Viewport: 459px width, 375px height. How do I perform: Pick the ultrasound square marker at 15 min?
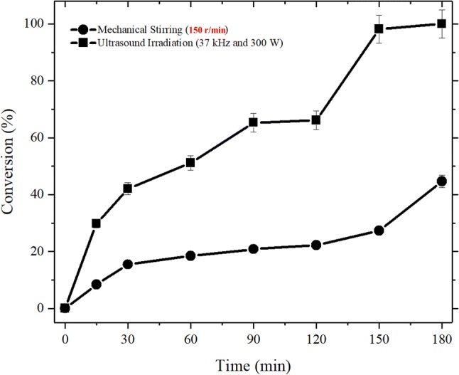click(96, 223)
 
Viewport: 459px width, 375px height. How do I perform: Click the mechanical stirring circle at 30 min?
click(127, 264)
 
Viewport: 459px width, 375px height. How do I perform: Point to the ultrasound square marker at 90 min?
click(253, 122)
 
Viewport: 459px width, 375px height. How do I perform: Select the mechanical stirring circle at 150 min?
click(379, 231)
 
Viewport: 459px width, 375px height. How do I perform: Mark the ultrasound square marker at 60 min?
click(190, 163)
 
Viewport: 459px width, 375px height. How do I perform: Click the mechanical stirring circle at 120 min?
click(315, 245)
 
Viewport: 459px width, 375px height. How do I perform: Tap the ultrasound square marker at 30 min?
click(127, 189)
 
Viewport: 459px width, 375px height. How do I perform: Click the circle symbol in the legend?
click(84, 30)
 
